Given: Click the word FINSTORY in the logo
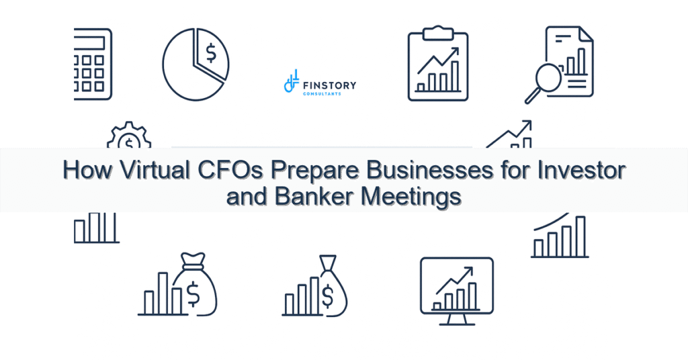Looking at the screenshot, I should click(330, 85).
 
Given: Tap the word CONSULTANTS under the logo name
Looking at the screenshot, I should click(322, 94).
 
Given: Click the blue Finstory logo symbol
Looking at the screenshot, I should click(291, 82).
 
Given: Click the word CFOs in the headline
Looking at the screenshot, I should click(231, 171).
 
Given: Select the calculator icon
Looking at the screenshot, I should click(93, 64).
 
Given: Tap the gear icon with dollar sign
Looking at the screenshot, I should click(128, 137).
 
